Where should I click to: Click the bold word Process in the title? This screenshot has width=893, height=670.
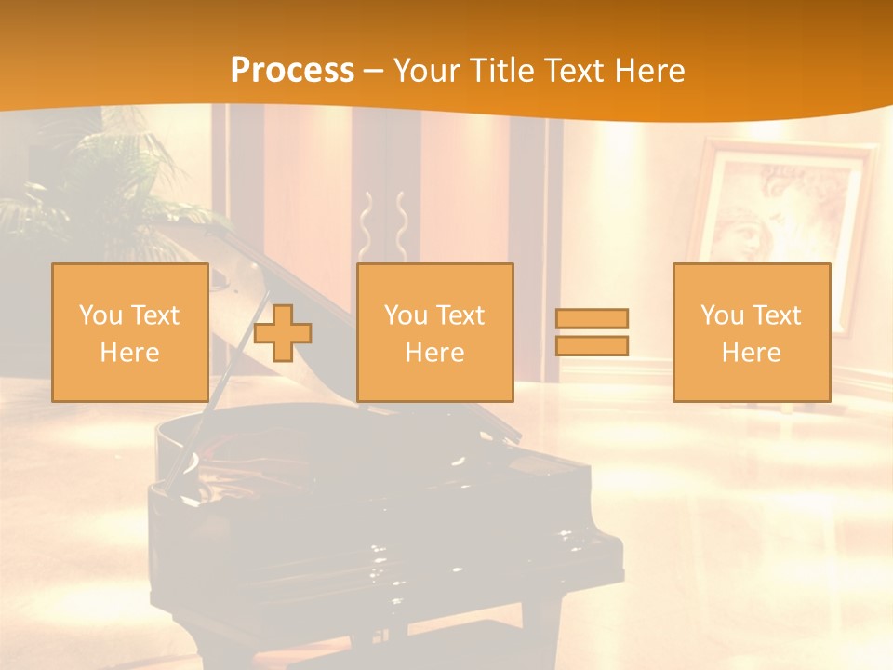point(292,71)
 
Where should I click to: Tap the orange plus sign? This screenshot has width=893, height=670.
point(283,333)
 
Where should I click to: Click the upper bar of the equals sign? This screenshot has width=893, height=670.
point(592,318)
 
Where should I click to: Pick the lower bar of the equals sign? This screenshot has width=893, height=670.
point(592,345)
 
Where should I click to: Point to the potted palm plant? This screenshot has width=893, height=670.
point(102,186)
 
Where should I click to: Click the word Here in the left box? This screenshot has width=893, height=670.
point(129,353)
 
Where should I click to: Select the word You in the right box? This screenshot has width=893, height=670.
point(722,315)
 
